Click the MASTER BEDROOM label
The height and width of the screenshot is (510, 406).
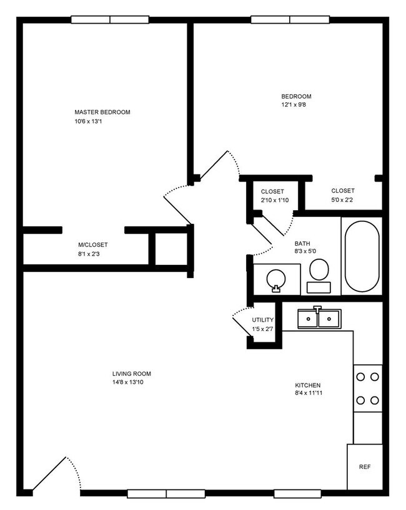click(x=102, y=112)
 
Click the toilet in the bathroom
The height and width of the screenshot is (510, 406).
click(x=319, y=275)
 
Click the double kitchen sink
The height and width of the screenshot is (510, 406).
click(x=318, y=319)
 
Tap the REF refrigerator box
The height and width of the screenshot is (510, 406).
click(x=364, y=466)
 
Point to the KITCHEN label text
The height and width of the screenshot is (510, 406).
click(x=307, y=385)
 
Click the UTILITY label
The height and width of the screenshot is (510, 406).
click(x=263, y=320)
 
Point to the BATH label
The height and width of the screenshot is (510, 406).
click(x=302, y=244)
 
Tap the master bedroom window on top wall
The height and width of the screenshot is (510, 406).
click(x=109, y=19)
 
